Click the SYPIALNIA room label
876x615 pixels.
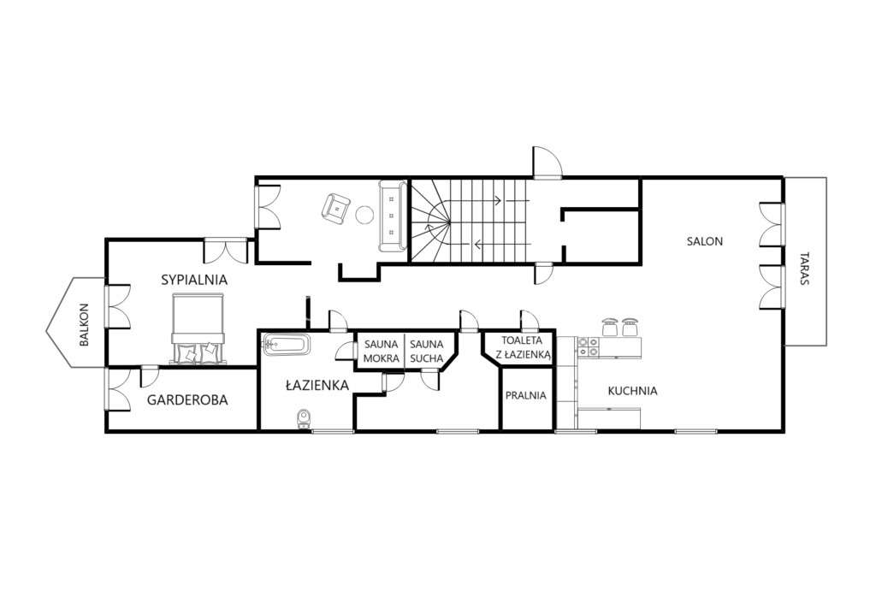pos(194,279)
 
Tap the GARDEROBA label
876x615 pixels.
pos(187,399)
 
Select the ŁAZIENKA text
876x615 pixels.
pos(317,385)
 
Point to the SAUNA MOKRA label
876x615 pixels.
pos(381,351)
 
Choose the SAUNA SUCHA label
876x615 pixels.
pos(426,351)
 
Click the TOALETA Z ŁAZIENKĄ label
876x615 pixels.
pos(522,346)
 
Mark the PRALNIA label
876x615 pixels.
pos(525,395)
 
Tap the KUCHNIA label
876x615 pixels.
pos(632,391)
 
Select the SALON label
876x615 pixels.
pos(705,241)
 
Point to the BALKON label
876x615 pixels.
pos(84,325)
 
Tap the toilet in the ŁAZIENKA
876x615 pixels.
pos(303,418)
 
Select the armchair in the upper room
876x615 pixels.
pos(336,208)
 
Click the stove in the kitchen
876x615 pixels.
pos(589,346)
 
